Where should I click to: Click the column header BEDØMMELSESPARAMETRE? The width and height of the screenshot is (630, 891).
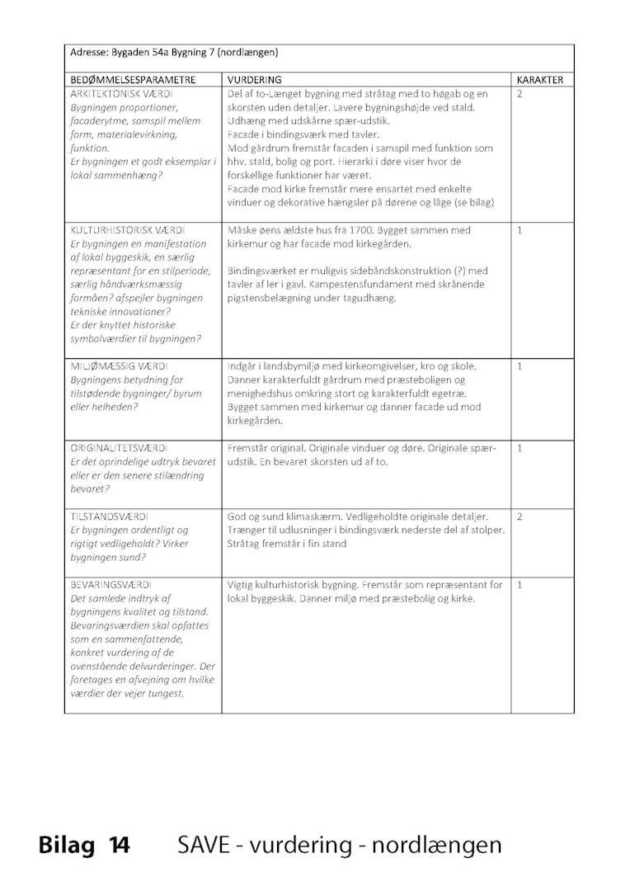point(133,80)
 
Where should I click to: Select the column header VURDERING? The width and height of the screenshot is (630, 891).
point(254,80)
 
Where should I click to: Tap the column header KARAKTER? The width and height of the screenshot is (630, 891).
point(539,80)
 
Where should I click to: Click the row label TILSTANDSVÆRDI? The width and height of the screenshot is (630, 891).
point(108,516)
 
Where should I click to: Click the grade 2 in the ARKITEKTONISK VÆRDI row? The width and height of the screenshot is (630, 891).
point(520,94)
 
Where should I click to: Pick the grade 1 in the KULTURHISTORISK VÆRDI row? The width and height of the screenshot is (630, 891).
point(520,230)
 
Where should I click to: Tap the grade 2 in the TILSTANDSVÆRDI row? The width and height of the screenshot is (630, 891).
point(520,516)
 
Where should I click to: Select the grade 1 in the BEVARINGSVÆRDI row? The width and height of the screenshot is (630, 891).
point(520,585)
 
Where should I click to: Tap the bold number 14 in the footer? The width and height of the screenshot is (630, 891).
point(118,846)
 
